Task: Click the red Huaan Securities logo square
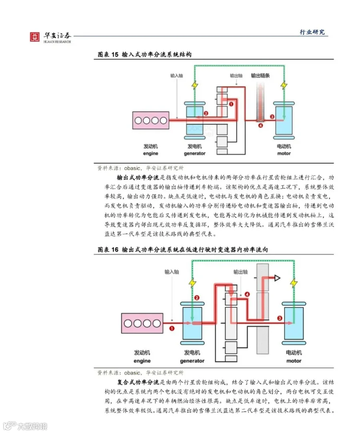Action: coord(34,37)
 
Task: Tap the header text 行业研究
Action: coord(312,32)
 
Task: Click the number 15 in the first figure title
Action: coord(115,54)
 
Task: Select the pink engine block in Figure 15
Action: coord(151,120)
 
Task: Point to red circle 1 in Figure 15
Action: coord(231,104)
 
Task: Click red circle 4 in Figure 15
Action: coord(260,126)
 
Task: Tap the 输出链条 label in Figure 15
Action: coord(260,76)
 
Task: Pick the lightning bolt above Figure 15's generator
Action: coord(195,85)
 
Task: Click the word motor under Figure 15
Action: coord(284,153)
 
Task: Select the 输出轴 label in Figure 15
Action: coord(236,76)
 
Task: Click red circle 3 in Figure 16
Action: coord(280,318)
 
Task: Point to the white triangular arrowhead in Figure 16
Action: coord(277,278)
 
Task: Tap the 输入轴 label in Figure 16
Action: coord(172,272)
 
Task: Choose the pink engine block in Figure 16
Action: coord(142,323)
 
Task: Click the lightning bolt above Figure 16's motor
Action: coord(294,283)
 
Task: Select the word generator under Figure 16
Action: coord(192,361)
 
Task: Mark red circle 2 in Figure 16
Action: coord(197,298)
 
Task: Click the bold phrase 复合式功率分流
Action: coord(138,382)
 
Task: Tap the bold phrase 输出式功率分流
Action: coord(138,177)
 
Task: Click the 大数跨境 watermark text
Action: coord(32,426)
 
